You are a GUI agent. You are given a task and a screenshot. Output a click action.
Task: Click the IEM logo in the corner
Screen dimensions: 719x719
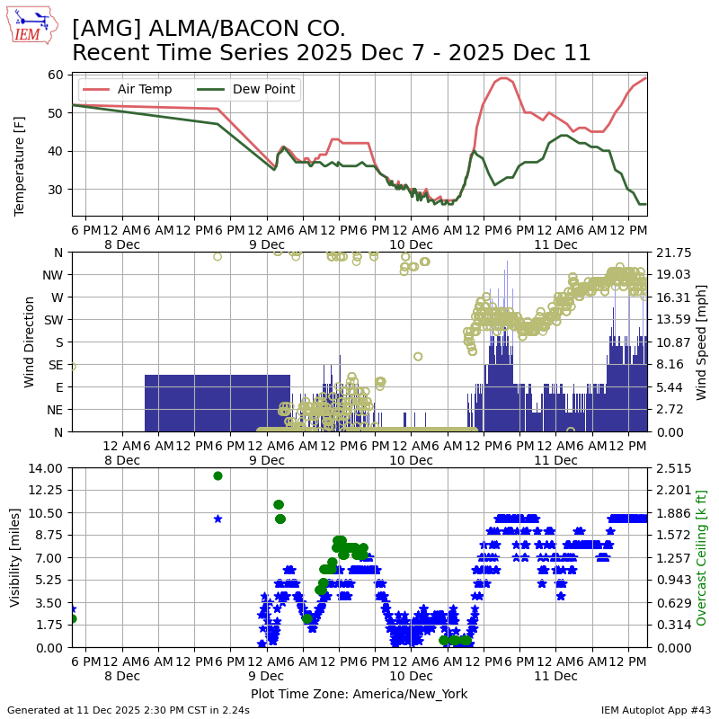(31, 25)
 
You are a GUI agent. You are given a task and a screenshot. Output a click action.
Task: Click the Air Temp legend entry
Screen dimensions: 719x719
(134, 90)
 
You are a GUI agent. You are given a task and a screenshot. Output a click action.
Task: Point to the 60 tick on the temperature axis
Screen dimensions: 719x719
(56, 75)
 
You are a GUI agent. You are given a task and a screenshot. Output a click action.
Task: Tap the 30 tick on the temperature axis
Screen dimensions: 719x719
(56, 189)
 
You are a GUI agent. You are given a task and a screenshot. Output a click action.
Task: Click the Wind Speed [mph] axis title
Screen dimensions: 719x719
(701, 342)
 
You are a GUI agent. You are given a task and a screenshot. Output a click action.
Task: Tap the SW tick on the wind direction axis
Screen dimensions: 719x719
(54, 319)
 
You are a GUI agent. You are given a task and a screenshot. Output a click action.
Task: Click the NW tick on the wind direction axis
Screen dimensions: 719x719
(53, 275)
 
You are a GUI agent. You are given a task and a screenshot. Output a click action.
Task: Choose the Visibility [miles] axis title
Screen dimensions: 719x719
(15, 556)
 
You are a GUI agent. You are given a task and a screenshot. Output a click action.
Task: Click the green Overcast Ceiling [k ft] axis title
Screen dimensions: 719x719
(702, 557)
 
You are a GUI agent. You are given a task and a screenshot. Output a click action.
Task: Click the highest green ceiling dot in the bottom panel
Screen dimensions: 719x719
(217, 475)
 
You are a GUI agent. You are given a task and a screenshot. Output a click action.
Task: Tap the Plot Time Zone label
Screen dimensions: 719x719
(359, 694)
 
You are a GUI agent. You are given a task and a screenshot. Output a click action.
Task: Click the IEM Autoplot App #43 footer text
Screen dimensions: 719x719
(656, 710)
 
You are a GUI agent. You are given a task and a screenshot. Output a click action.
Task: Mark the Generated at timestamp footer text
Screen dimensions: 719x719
(129, 710)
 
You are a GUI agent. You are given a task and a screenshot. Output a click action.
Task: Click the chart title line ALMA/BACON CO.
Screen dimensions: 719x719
(209, 29)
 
